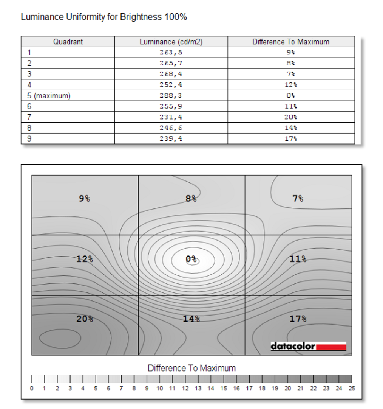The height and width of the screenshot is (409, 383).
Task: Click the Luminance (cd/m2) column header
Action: tap(171, 42)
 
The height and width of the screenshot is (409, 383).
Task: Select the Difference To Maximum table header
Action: tap(291, 42)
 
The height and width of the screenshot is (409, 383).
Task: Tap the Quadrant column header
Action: tap(68, 42)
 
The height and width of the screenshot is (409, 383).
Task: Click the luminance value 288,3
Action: tap(171, 96)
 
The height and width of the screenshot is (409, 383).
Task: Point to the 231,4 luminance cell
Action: tap(171, 117)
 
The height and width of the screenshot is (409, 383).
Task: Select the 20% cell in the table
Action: tap(291, 117)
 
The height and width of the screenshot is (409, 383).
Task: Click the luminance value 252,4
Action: tap(171, 85)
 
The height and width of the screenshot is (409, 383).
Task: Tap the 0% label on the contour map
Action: tap(191, 259)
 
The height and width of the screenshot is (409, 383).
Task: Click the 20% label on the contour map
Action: tap(85, 319)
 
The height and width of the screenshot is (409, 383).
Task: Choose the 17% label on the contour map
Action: tap(298, 319)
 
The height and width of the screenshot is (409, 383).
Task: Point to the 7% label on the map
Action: tap(298, 198)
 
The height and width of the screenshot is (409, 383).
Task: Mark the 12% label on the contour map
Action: tap(85, 259)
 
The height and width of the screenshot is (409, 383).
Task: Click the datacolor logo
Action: tap(308, 346)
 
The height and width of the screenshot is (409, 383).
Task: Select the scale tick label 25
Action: tap(352, 388)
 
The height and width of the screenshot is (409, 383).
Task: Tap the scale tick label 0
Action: tap(32, 388)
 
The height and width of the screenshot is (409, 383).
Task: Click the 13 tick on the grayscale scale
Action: tap(198, 388)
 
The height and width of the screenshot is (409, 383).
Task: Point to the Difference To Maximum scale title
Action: tap(191, 368)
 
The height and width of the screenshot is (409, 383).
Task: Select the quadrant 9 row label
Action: tap(29, 139)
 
